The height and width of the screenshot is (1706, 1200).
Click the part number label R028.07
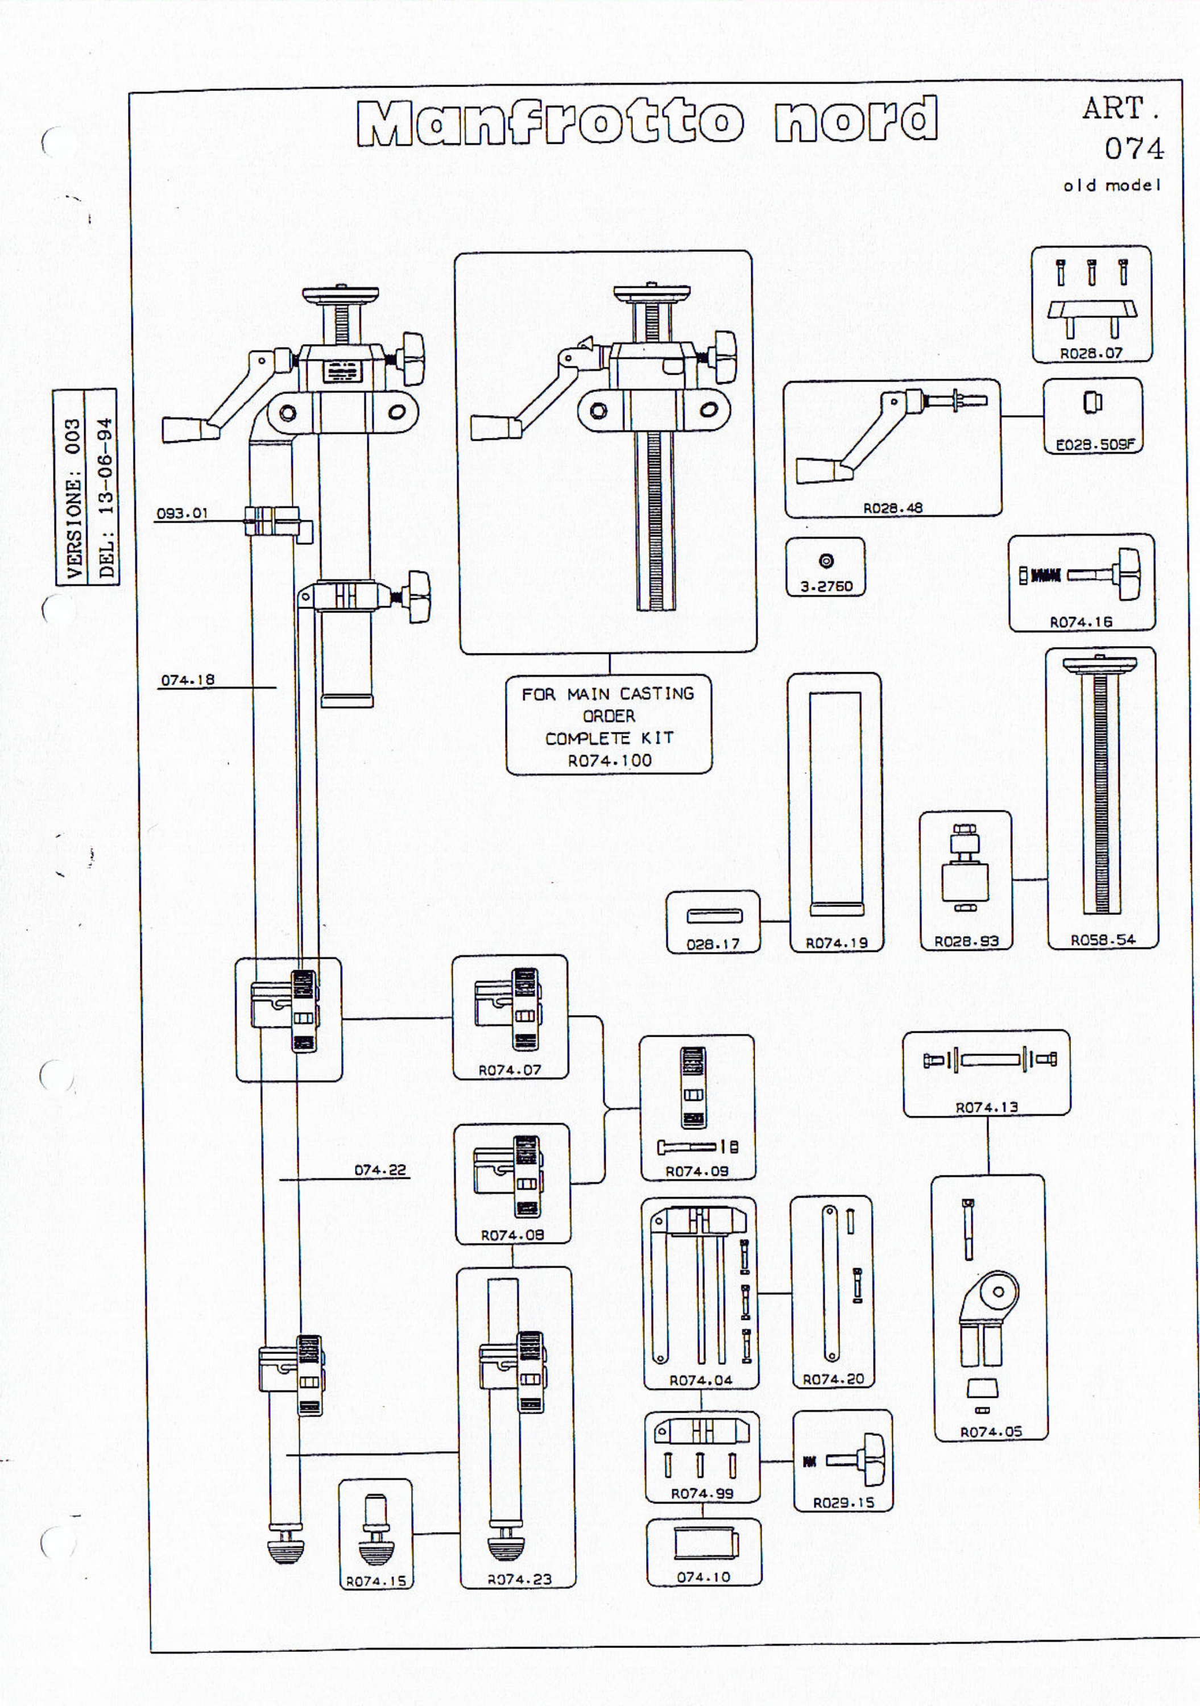1091,354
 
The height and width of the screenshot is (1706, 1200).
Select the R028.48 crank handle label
892,508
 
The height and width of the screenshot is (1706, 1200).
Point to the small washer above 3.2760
826,561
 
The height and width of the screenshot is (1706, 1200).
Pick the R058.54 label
1103,940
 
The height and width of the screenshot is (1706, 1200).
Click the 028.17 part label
713,945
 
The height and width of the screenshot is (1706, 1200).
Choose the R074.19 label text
837,943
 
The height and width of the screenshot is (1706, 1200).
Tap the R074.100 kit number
609,761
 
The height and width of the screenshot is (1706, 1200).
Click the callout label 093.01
182,514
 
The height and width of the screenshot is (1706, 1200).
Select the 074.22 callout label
380,1170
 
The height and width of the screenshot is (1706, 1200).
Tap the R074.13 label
987,1107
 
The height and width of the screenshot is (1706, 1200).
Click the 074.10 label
703,1577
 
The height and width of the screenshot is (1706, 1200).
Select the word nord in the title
856,119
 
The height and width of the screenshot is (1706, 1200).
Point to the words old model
1111,185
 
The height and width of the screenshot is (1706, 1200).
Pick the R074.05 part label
991,1432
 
